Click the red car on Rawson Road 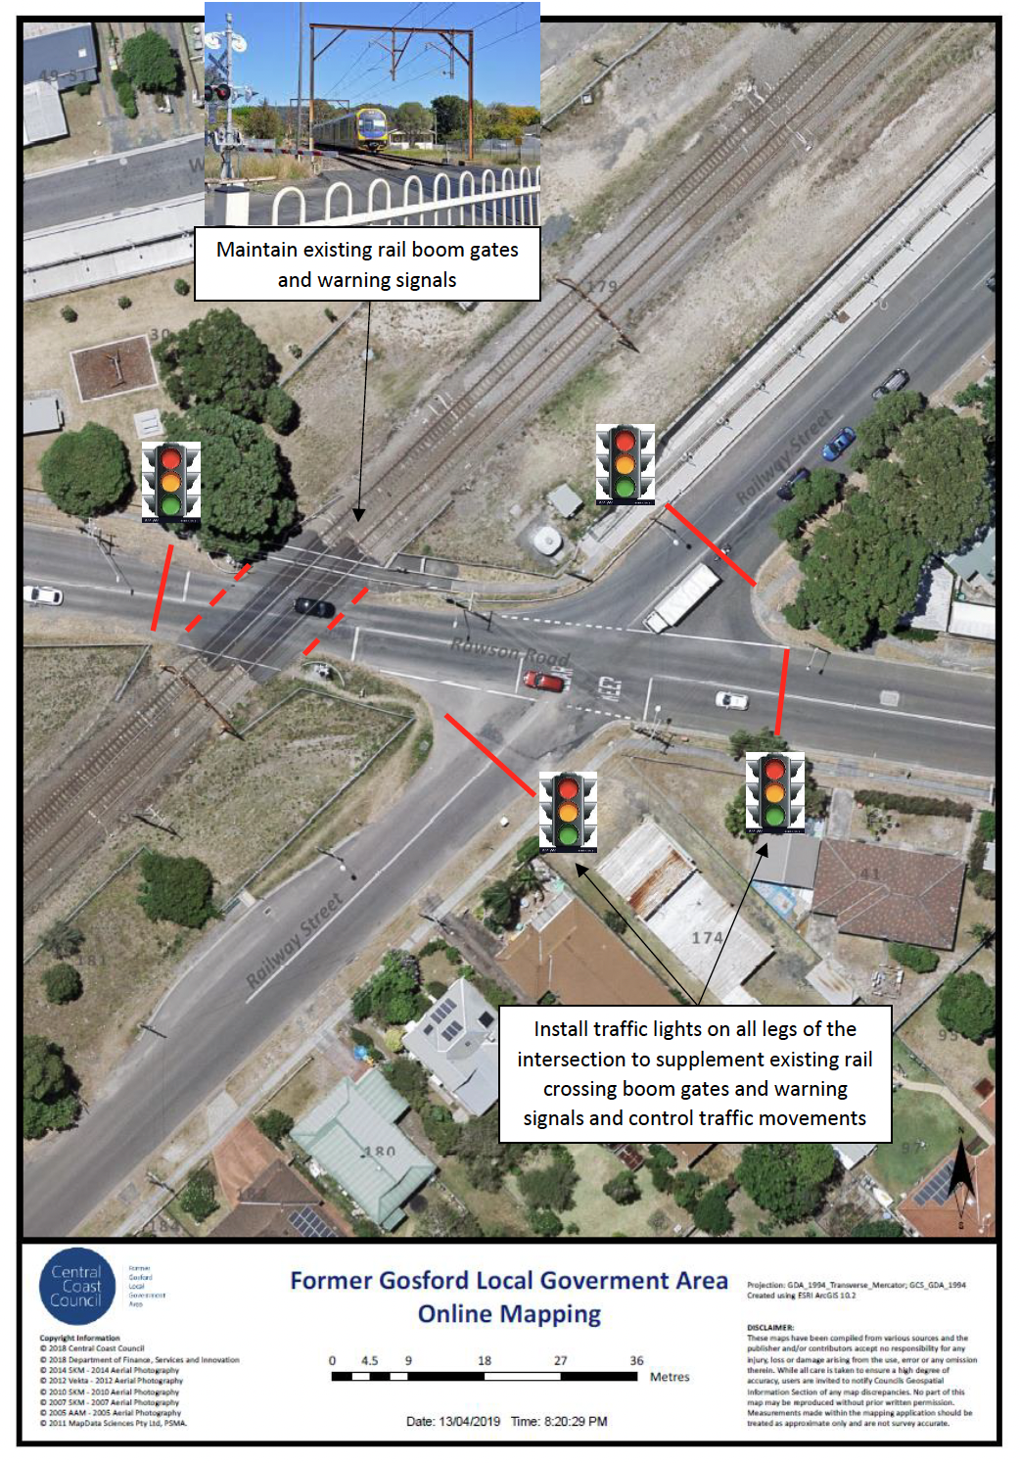544,681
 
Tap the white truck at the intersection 682,597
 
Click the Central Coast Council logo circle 76,1286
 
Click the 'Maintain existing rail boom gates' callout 367,264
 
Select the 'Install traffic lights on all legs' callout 694,1073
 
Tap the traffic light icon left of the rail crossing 171,481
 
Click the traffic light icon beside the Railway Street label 625,464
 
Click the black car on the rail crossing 314,607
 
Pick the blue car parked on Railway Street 838,445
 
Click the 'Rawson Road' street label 509,648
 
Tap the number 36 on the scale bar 636,1360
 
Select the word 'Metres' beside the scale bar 670,1377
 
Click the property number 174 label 707,938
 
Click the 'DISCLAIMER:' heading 770,1328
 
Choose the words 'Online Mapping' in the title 509,1313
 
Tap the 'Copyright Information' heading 79,1338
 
